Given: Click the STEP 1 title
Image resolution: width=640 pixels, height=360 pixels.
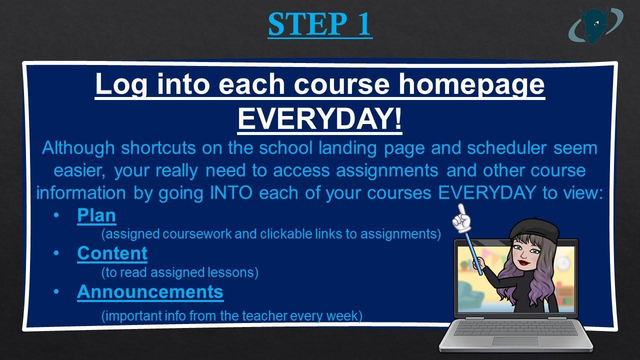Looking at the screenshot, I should click(320, 24).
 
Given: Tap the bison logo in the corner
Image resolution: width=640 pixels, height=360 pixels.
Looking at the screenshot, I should click(595, 26).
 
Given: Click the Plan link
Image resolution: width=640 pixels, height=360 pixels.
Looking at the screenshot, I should click(96, 215).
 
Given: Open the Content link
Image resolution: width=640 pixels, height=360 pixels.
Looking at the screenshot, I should click(112, 253).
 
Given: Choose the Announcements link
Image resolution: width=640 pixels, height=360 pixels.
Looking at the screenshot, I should click(150, 291).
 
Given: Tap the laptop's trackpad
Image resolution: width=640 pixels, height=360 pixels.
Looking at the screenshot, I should click(515, 341).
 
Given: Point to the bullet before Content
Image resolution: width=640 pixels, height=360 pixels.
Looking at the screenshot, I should click(56, 253).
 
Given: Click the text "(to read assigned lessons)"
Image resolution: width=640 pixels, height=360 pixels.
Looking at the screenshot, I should click(180, 272).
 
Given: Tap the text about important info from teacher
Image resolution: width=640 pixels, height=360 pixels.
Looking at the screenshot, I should click(231, 316).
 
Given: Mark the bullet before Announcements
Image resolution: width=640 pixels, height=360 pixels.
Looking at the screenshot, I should click(56, 291).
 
